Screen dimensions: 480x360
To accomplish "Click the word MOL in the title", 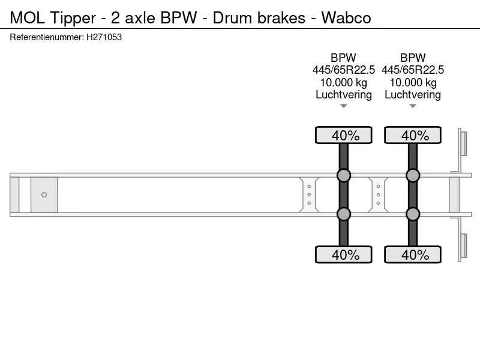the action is tap(27, 18).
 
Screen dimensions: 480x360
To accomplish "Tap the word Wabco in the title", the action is tap(346, 18).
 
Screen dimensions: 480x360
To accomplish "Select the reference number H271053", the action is tap(104, 37).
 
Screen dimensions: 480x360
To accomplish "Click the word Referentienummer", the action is tap(47, 37).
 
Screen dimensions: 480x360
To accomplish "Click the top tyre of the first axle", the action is tap(343, 135).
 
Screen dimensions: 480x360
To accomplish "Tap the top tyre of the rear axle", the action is tap(413, 135).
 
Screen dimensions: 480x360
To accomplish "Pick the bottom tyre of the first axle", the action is tap(343, 254).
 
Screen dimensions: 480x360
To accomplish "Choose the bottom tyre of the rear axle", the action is tap(413, 254).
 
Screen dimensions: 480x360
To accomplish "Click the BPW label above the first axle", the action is tap(343, 58).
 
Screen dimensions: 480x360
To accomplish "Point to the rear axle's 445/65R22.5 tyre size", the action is tap(413, 70).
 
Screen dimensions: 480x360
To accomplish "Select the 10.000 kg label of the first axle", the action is tap(343, 82).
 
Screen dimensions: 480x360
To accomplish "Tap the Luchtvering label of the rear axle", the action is tap(413, 95).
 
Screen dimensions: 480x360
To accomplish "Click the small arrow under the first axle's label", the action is tap(343, 106).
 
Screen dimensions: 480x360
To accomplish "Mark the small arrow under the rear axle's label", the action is tap(413, 106).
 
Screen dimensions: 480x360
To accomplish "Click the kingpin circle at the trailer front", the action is tap(44, 194).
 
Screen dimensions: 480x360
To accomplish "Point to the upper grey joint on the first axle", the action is tap(343, 175).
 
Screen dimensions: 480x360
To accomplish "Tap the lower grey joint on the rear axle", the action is tap(413, 214).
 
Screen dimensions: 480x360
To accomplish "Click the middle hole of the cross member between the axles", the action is tap(379, 194).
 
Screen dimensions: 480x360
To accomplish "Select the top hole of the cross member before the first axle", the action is tap(309, 187).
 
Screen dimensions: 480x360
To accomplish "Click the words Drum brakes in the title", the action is tap(259, 18).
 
